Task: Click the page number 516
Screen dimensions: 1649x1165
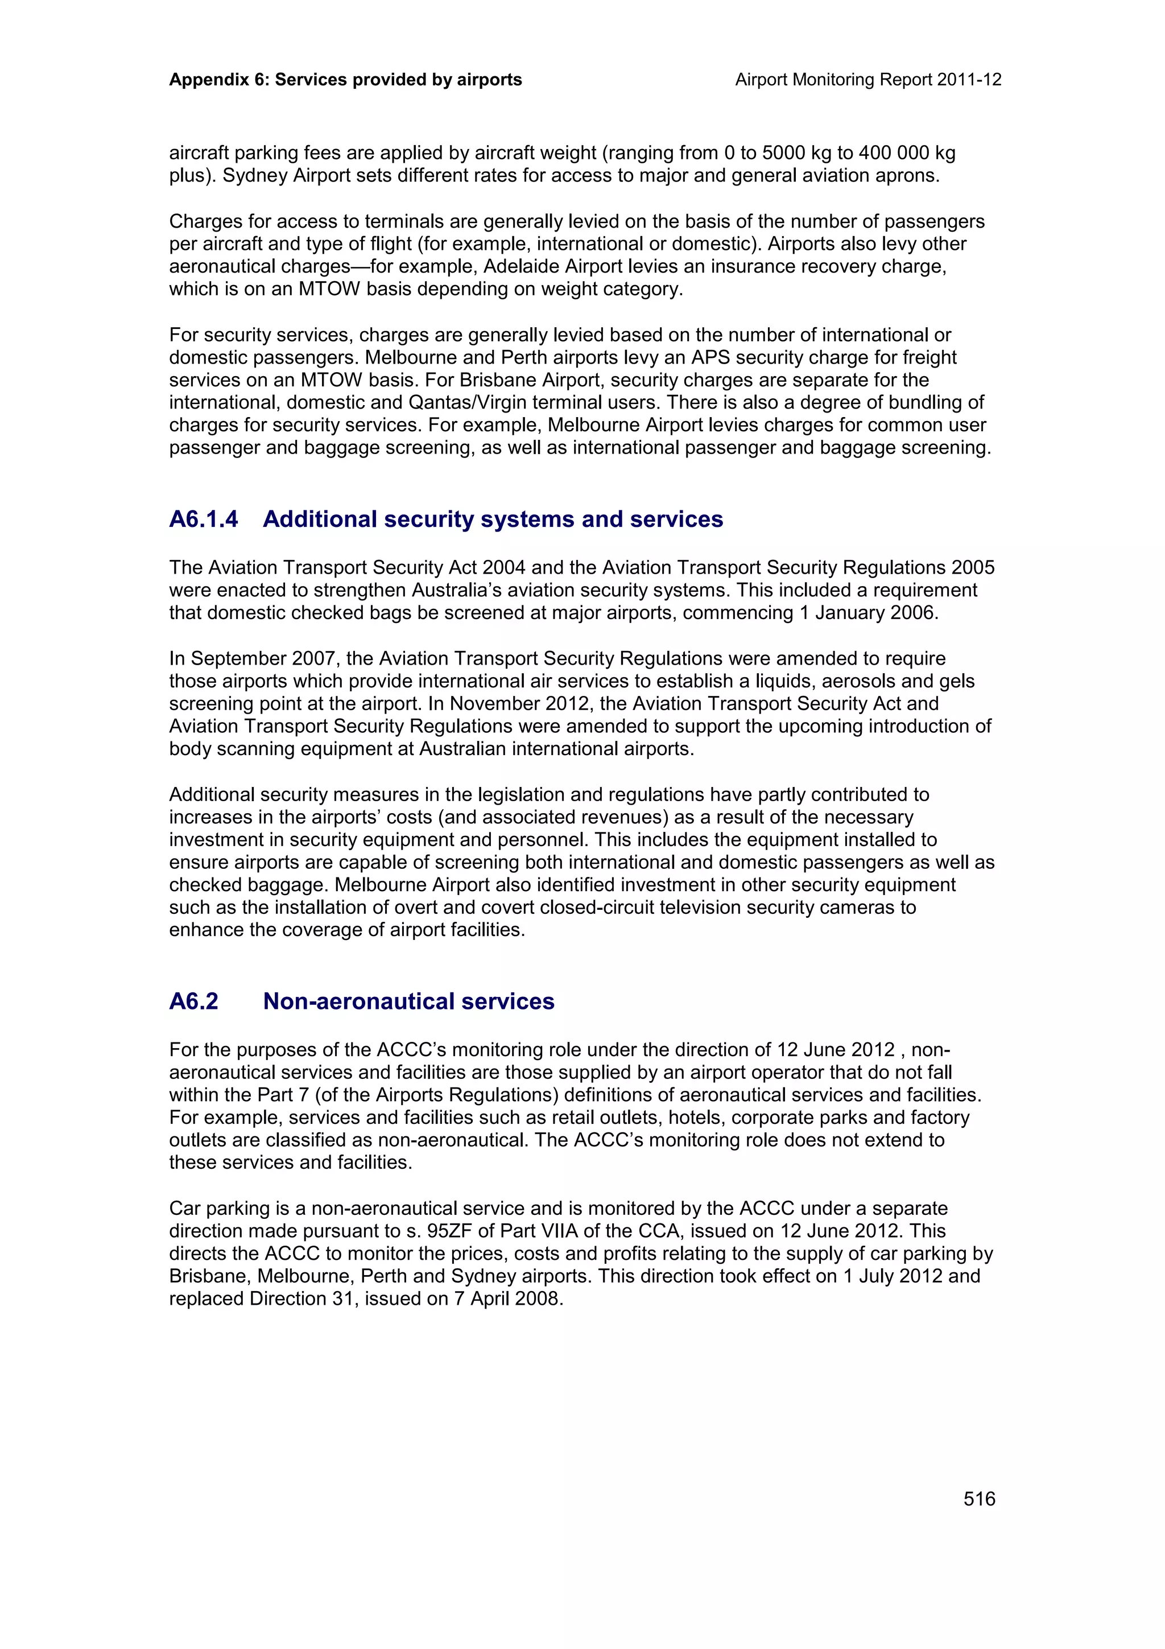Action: point(979,1498)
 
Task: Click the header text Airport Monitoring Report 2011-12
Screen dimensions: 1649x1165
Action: point(868,80)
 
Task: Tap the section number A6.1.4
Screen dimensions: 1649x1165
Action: point(203,520)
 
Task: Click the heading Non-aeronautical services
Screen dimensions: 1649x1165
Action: point(408,1001)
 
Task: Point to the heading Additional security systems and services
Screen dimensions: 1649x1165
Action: point(493,520)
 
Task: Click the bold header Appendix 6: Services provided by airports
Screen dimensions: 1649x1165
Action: point(345,80)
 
